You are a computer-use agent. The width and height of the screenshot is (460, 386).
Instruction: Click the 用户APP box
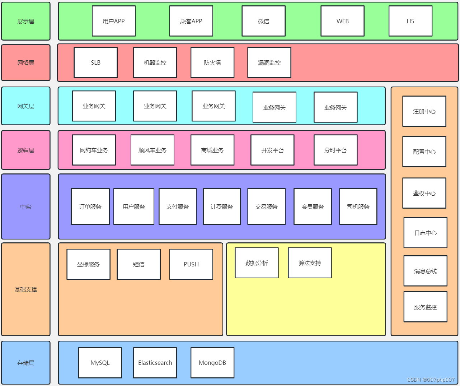[114, 21]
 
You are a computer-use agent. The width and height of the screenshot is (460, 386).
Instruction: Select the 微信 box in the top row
[263, 21]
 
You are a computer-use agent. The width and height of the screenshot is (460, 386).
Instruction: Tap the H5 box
[410, 21]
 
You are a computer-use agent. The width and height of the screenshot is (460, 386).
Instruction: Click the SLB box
[95, 62]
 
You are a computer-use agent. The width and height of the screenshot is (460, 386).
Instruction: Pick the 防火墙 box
[212, 62]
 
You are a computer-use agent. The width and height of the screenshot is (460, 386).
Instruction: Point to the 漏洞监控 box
[269, 62]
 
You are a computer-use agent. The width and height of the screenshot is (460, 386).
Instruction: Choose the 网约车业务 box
[94, 150]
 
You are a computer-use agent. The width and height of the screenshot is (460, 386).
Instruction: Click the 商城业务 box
[212, 150]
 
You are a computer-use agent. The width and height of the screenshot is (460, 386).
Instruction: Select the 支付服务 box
[178, 206]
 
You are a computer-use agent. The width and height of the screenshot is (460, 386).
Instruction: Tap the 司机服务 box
[358, 206]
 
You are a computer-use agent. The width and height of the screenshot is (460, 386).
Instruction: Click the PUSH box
[191, 264]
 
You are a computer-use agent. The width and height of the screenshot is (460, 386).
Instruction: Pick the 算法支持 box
[310, 263]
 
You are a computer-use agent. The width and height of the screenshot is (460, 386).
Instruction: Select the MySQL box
[100, 363]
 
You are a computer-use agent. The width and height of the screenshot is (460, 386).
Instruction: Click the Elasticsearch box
[155, 363]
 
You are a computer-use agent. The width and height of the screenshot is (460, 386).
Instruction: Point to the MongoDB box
[212, 363]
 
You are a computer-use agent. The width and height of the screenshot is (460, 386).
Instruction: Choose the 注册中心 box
[424, 111]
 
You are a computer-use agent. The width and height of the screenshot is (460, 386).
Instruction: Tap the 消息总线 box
[425, 271]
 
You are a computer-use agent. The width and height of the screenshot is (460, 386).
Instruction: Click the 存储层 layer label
[26, 363]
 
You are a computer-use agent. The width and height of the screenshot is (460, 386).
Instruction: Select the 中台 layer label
[26, 206]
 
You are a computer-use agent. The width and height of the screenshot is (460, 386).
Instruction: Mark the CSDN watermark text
[431, 380]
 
